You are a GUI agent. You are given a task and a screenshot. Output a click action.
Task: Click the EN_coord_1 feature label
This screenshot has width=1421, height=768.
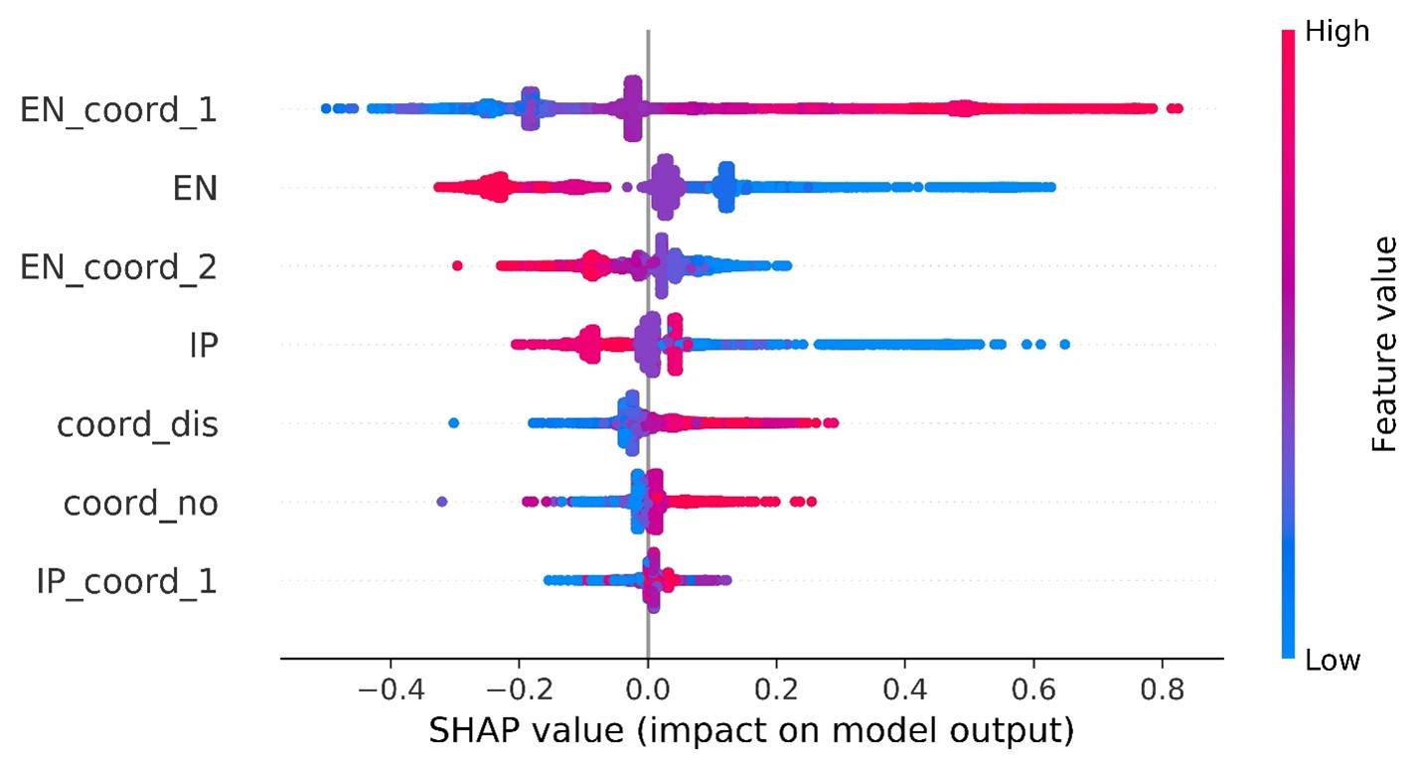pos(119,109)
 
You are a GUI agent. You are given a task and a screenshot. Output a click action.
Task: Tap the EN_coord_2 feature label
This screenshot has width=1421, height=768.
pos(119,266)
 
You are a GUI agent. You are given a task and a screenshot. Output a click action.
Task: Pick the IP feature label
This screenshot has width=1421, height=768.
pos(203,345)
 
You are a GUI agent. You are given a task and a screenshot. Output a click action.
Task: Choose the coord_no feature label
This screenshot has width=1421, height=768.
pos(141,503)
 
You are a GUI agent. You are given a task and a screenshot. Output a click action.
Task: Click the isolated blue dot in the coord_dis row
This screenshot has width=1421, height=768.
pos(454,423)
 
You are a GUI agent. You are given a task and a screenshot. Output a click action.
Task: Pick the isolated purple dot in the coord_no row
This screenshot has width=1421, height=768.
pos(442,502)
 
